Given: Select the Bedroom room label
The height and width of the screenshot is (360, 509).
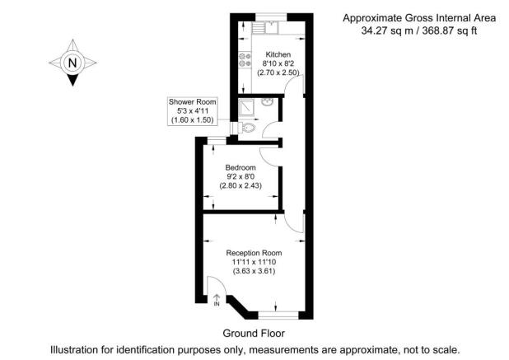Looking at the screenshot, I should (x=240, y=167).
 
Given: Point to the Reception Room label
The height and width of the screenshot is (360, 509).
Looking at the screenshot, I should (x=254, y=252).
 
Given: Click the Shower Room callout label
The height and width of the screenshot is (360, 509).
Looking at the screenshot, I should (x=192, y=102).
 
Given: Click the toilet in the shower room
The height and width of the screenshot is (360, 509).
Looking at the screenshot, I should (x=248, y=129).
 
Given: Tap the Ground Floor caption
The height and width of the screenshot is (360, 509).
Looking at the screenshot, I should (x=254, y=334).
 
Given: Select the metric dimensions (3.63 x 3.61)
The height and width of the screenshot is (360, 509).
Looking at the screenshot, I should (x=254, y=272).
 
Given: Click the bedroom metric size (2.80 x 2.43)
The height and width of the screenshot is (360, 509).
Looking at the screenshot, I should (x=240, y=185).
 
